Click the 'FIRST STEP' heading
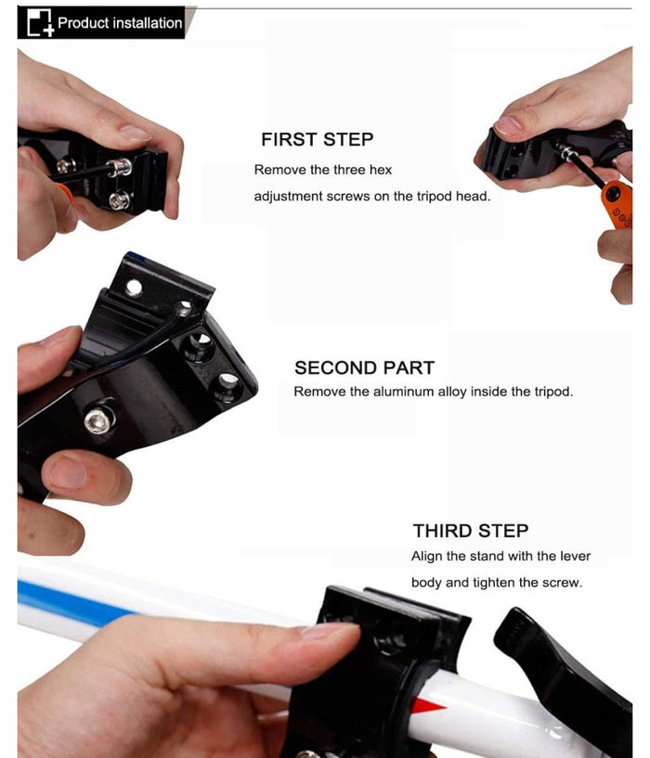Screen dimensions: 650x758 [317, 139]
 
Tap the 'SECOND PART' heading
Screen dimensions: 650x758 [364, 368]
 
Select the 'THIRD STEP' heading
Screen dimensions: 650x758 [471, 531]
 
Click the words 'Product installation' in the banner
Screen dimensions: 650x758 [120, 22]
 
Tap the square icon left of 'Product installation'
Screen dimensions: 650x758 [40, 22]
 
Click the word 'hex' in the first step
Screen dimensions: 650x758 [381, 170]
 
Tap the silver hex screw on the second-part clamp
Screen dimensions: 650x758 [98, 419]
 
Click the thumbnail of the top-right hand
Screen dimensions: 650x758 [508, 125]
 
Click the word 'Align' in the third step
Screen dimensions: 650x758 [427, 557]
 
